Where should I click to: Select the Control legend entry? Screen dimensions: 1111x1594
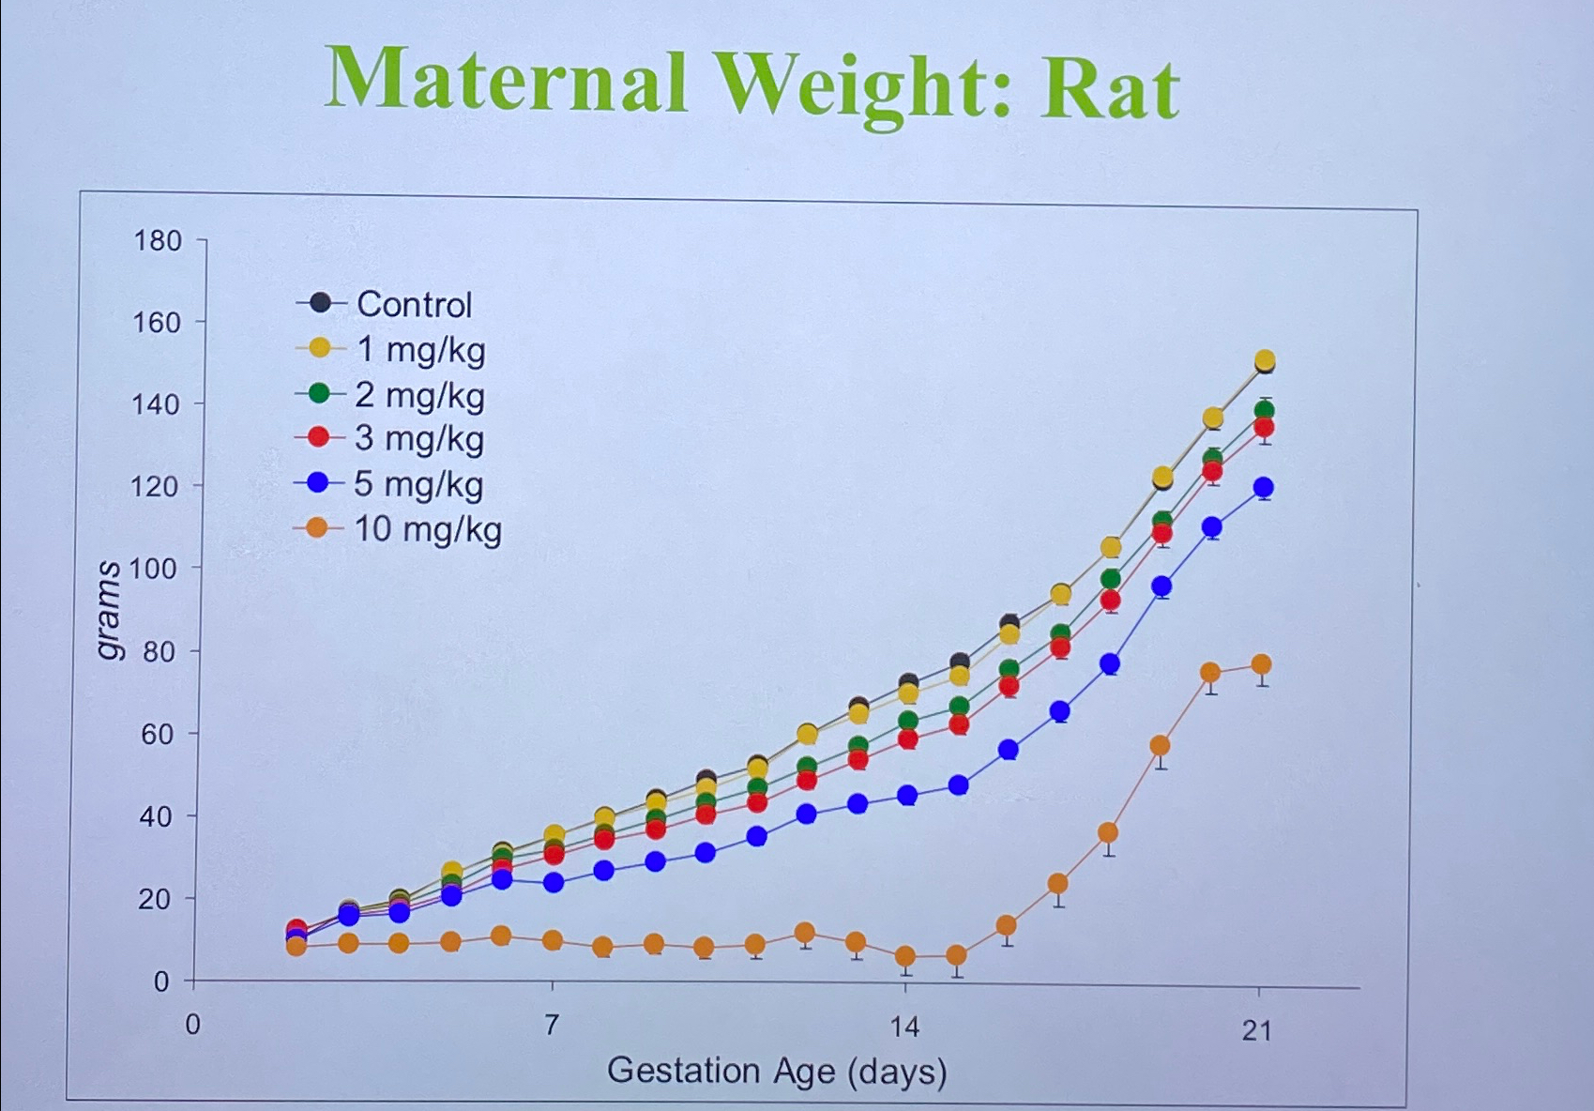413,304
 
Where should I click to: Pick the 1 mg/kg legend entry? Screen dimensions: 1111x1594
420,349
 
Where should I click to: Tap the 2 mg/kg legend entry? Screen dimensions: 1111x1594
419,395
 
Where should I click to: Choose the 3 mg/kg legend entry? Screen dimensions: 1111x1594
418,438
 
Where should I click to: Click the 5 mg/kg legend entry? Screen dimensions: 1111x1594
418,484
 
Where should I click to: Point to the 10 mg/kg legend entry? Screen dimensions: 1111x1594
427,529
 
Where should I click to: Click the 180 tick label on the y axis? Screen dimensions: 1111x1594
158,241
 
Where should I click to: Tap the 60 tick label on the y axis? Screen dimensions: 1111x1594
158,734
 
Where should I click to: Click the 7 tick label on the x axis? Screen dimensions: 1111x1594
552,1025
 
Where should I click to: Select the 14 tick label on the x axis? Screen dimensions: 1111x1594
904,1027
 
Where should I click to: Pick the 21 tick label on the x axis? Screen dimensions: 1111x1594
1257,1031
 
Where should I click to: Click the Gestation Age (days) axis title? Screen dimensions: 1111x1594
777,1071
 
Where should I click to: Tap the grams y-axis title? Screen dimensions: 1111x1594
109,610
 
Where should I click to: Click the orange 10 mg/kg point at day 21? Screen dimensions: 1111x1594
1261,665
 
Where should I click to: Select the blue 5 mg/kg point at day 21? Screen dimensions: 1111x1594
1263,488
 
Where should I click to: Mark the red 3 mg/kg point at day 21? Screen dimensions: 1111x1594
1264,428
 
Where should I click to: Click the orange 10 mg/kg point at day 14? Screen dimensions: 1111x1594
905,957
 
